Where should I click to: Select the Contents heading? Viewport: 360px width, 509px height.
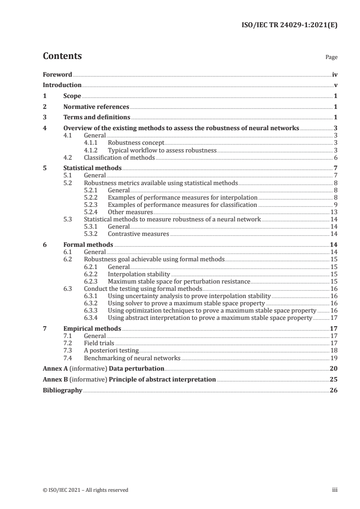pyautogui.click(x=62, y=56)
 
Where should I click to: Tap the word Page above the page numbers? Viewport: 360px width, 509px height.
pyautogui.click(x=331, y=58)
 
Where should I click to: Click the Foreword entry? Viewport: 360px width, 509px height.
pyautogui.click(x=57, y=74)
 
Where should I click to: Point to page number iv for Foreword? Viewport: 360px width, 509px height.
pyautogui.click(x=335, y=74)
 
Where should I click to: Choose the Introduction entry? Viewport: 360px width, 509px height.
pyautogui.click(x=62, y=85)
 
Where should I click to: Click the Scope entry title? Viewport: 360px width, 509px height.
pyautogui.click(x=72, y=96)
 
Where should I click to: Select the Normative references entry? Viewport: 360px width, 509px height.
pyautogui.click(x=96, y=107)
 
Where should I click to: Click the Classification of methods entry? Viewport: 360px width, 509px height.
pyautogui.click(x=119, y=157)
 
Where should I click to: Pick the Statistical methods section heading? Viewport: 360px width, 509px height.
pyautogui.click(x=92, y=168)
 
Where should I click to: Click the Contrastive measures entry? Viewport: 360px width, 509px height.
pyautogui.click(x=138, y=234)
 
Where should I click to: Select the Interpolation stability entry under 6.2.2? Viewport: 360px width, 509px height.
pyautogui.click(x=139, y=274)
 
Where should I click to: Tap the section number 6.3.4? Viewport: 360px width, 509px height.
pyautogui.click(x=93, y=318)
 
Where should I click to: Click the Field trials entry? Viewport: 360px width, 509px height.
pyautogui.click(x=99, y=343)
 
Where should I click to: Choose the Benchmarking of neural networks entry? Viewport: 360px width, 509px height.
pyautogui.click(x=132, y=357)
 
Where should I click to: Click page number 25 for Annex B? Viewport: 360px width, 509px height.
pyautogui.click(x=334, y=379)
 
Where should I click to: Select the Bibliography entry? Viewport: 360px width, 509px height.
pyautogui.click(x=62, y=390)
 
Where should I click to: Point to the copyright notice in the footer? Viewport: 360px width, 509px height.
pyautogui.click(x=85, y=489)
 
